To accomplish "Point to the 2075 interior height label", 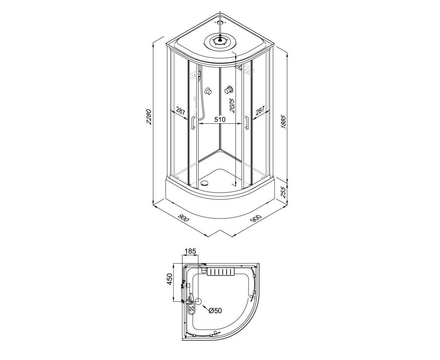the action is coord(232,105).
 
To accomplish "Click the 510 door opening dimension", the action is coord(220,120).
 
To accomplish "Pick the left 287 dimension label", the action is coord(181,111).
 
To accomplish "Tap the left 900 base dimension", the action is coord(184,217).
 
